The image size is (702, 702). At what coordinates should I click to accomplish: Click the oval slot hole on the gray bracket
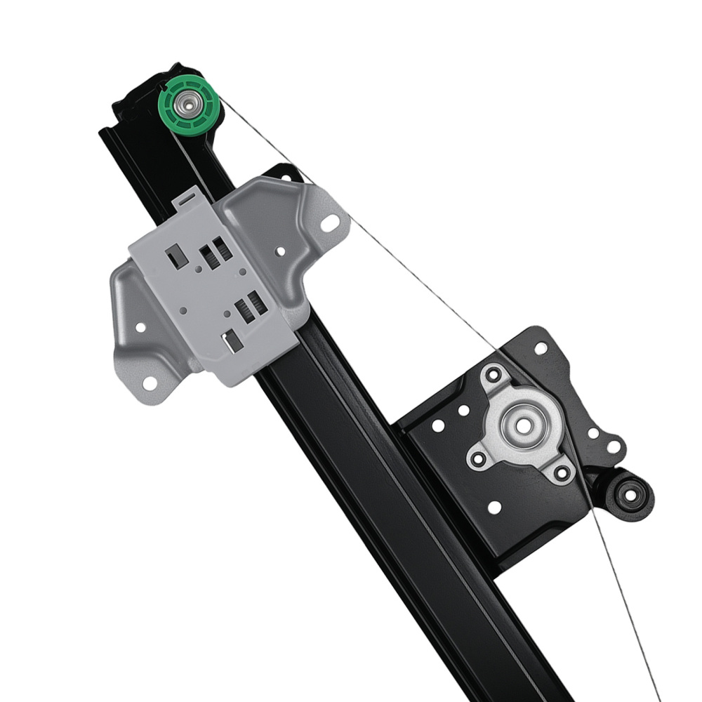(x=331, y=224)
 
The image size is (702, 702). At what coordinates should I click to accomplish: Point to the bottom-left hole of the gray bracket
(x=150, y=383)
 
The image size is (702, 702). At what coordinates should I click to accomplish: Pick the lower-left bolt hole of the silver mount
(x=478, y=460)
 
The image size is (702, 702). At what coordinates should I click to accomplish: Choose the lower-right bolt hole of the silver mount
(x=561, y=472)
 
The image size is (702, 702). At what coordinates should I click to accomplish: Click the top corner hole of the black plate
(x=541, y=347)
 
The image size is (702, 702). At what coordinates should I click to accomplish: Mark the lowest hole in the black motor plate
(x=494, y=507)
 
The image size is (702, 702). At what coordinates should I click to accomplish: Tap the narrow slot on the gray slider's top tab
(x=184, y=199)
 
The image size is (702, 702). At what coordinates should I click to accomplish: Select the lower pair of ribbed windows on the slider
(x=250, y=307)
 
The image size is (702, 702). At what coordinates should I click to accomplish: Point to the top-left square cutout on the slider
(x=176, y=256)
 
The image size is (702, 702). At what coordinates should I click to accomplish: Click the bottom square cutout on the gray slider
(x=232, y=340)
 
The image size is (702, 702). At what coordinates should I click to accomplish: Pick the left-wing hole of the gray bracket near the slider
(x=140, y=327)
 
